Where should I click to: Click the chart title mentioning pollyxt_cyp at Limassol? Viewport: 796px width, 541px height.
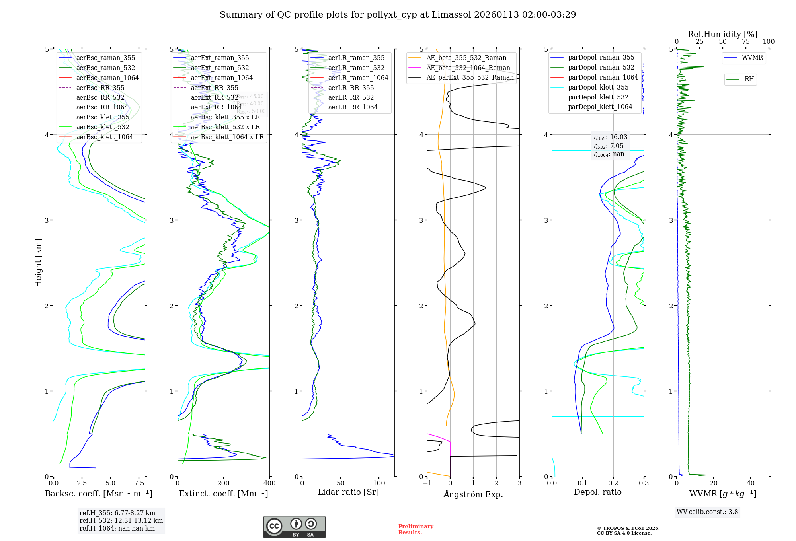pos(398,15)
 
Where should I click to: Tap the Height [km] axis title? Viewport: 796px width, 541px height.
pos(38,263)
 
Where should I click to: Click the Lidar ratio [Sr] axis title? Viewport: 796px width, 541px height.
pos(348,492)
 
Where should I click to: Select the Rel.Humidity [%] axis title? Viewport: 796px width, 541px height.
pos(722,34)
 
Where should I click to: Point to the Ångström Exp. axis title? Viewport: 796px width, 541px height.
pos(473,494)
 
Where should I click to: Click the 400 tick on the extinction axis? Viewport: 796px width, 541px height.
pos(269,483)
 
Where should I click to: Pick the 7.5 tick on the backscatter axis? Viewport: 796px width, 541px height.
pos(139,483)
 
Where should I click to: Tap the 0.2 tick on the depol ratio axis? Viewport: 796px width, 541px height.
pos(613,483)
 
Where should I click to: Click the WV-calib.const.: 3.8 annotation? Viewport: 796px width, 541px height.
pos(707,512)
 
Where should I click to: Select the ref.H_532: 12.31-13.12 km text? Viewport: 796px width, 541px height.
pos(121,521)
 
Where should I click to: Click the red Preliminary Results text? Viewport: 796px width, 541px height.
pos(416,529)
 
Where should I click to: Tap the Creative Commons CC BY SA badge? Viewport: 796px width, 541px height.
pos(294,527)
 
